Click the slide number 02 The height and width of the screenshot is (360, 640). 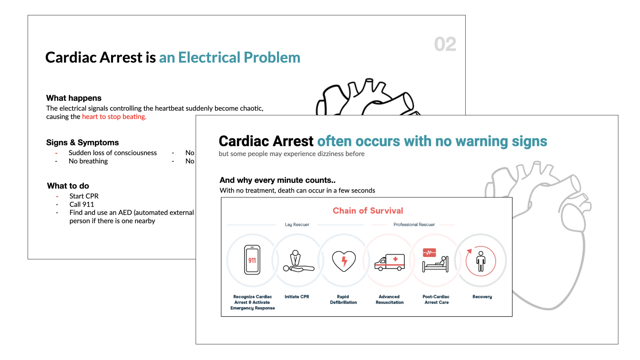click(x=445, y=44)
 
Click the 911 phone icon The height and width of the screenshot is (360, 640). click(x=252, y=260)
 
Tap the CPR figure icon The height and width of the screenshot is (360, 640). click(x=298, y=261)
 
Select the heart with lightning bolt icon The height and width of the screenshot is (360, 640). click(x=344, y=261)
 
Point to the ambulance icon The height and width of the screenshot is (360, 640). click(x=389, y=262)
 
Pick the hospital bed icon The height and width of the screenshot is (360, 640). click(x=435, y=260)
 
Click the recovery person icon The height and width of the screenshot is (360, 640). click(x=481, y=261)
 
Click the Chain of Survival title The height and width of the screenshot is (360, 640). click(x=368, y=211)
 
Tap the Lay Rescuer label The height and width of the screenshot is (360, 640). click(x=297, y=225)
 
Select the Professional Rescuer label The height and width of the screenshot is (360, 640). click(x=414, y=225)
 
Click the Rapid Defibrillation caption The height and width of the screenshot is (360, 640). click(x=343, y=299)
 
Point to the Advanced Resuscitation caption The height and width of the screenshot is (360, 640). click(x=389, y=299)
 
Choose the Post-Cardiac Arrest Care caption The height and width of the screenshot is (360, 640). click(x=436, y=299)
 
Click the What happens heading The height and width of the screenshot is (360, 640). click(x=74, y=98)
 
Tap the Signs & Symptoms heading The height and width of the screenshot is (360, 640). click(x=82, y=142)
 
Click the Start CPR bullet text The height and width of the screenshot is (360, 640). click(x=84, y=196)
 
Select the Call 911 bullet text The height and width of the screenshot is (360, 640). click(x=82, y=204)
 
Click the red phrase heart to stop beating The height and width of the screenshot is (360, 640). click(x=114, y=117)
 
